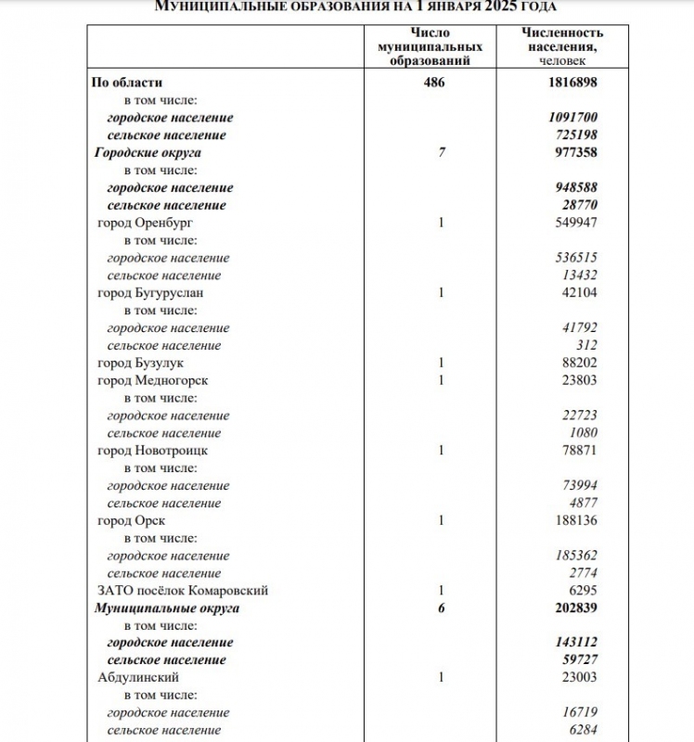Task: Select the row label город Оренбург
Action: pyautogui.click(x=145, y=223)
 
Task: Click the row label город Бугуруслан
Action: pyautogui.click(x=150, y=292)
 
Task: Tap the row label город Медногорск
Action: pyautogui.click(x=152, y=380)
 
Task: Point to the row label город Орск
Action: pyautogui.click(x=131, y=520)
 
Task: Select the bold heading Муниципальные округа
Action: pyautogui.click(x=166, y=608)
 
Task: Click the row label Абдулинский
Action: pyautogui.click(x=138, y=677)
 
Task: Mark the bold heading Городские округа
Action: pyautogui.click(x=148, y=152)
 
